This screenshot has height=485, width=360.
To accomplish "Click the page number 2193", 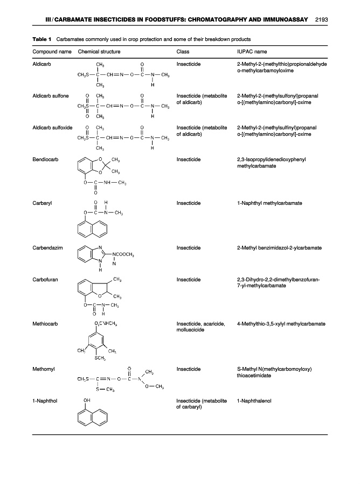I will (320, 20).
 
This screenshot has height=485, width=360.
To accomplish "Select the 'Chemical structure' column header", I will (99, 52).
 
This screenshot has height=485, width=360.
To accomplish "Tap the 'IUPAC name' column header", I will (252, 52).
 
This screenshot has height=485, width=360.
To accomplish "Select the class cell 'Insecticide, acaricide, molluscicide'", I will (201, 327).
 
